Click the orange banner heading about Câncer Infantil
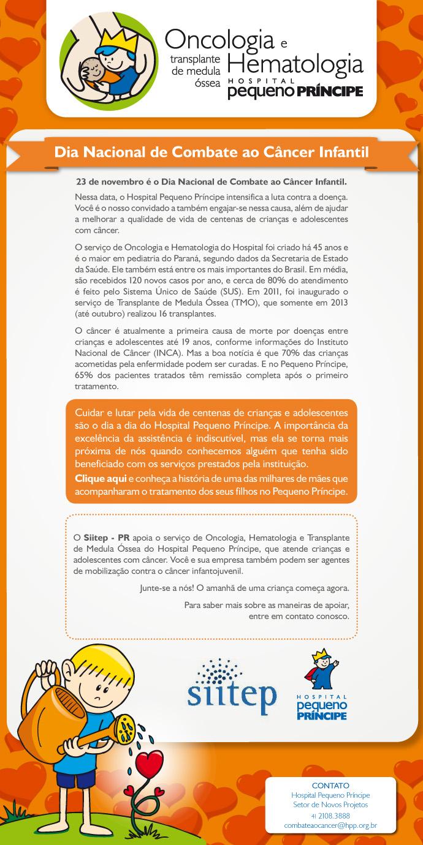pyautogui.click(x=211, y=151)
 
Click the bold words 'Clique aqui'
pyautogui.click(x=101, y=478)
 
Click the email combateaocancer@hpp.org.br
pyautogui.click(x=330, y=826)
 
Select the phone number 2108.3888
pyautogui.click(x=335, y=816)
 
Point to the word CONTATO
pyautogui.click(x=330, y=785)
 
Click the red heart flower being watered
pyautogui.click(x=148, y=763)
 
